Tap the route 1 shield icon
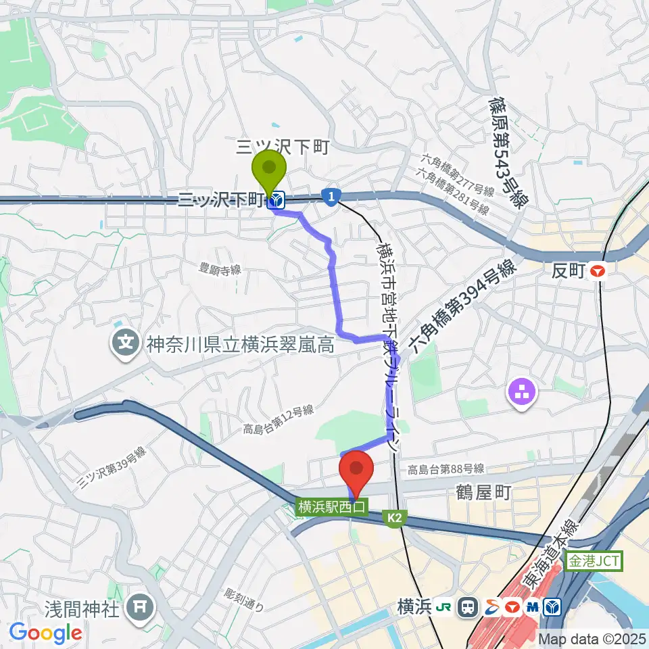[330, 197]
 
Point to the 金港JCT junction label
[594, 560]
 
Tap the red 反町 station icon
[598, 272]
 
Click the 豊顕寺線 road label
[220, 269]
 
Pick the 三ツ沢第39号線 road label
[112, 468]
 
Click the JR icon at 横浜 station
[447, 608]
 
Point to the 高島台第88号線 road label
[446, 469]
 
